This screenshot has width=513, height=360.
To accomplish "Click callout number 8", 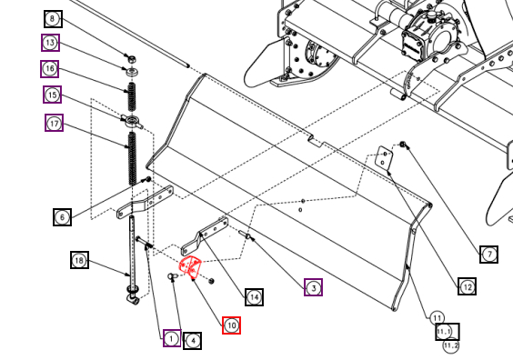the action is coord(53,19).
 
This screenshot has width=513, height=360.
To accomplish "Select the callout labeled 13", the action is coord(50,43).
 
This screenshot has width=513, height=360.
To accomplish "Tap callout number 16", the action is coord(50,69).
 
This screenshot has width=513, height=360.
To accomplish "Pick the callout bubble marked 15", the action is coord(52,95).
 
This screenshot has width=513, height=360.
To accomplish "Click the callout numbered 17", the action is coord(54,123).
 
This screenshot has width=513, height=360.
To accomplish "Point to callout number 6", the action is coord(62,217).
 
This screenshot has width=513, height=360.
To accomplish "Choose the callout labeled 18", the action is coord(79,260).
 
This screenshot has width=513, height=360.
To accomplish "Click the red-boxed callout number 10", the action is coord(231,325).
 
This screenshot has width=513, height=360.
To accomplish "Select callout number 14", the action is coord(254,297).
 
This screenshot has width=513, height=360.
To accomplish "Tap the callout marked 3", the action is coord(314,287).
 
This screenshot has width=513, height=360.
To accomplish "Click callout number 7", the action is coord(489,255).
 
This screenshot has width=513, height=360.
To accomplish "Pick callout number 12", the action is coord(467,286).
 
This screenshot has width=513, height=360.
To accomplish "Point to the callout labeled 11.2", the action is coord(451,345).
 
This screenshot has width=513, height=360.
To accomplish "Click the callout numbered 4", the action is coord(193,341).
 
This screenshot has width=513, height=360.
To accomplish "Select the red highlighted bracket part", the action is coord(189,267).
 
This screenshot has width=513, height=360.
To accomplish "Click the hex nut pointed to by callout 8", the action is coord(131,60).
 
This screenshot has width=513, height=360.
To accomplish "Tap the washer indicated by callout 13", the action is coord(132,71).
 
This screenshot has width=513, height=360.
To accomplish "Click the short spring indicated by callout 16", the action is coord(132,96).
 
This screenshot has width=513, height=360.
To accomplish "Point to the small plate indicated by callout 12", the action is coord(384,158).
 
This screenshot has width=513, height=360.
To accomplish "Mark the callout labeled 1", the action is coord(172,338).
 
